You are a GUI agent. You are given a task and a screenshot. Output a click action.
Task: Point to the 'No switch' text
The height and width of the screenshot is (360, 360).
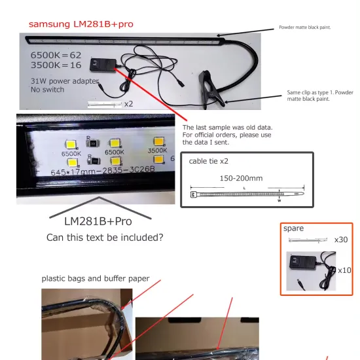point(46,90)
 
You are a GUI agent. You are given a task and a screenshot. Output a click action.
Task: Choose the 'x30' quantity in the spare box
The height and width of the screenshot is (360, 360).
point(340,240)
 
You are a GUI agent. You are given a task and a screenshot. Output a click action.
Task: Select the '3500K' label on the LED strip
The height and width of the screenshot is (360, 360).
point(157,151)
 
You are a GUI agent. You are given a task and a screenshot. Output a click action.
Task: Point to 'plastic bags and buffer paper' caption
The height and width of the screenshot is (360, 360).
point(96,278)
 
